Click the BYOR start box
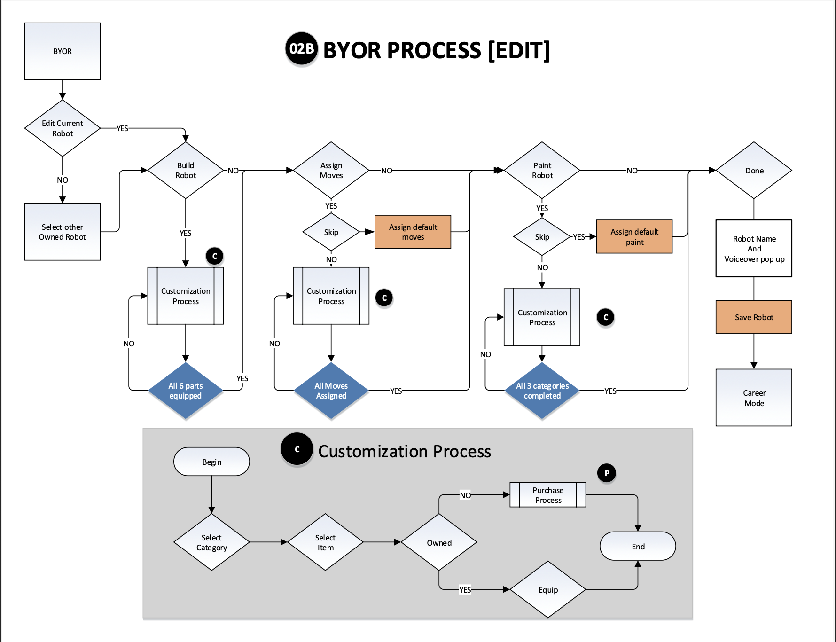point(63,51)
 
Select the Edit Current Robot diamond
point(63,128)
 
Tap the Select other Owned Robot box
point(63,232)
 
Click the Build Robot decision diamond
point(186,170)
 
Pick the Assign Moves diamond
point(331,170)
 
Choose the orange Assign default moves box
point(413,232)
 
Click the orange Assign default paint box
point(634,236)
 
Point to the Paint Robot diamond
point(542,170)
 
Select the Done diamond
point(754,170)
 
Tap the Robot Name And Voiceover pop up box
point(754,249)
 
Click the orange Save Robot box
point(754,317)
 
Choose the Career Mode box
point(754,398)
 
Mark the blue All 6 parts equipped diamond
point(186,391)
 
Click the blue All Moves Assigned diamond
point(331,391)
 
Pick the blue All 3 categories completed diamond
point(542,391)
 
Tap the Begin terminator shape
point(211,462)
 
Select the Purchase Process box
point(548,495)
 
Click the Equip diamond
point(548,589)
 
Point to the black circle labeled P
point(607,473)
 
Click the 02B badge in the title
point(301,49)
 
